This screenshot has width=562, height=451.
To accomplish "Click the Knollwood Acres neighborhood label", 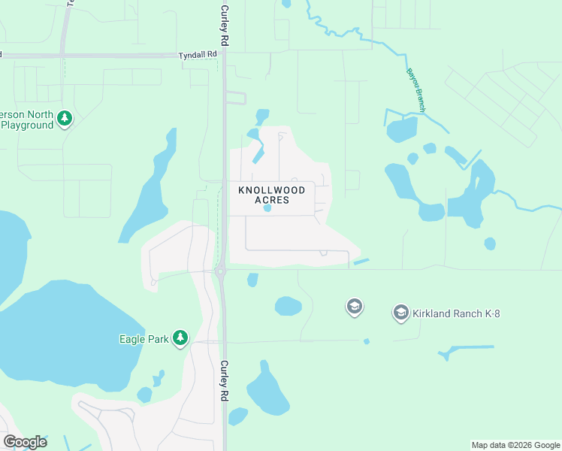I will coord(272,195).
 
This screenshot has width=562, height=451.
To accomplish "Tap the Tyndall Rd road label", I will coord(198,55).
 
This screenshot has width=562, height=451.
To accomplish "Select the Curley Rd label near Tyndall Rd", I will coord(224,27).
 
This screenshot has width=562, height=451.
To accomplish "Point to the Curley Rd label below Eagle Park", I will coord(224,380).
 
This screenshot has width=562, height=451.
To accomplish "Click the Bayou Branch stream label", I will coord(416,91).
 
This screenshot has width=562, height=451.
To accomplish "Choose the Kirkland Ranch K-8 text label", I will coord(457,313).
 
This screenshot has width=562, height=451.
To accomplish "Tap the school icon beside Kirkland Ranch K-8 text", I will coord(401,312).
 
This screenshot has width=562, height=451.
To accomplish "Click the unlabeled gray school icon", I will coord(355,306).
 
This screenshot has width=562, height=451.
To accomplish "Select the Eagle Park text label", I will coord(144,339).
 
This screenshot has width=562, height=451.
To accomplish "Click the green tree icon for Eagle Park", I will coord(180,338).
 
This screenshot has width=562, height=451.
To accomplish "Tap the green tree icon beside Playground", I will coord(65,119).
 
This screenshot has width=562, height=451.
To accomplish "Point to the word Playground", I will coord(27,125).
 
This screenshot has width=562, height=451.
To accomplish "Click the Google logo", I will coord(25,442).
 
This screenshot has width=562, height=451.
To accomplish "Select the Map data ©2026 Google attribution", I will coord(515,445).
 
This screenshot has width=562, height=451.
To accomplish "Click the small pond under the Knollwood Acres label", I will coord(267,209).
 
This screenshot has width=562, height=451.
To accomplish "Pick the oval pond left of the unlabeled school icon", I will coord(289,306).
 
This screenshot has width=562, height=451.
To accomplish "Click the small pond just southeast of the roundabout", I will coord(252,280).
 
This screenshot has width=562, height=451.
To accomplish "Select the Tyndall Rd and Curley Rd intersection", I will coord(223,56).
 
